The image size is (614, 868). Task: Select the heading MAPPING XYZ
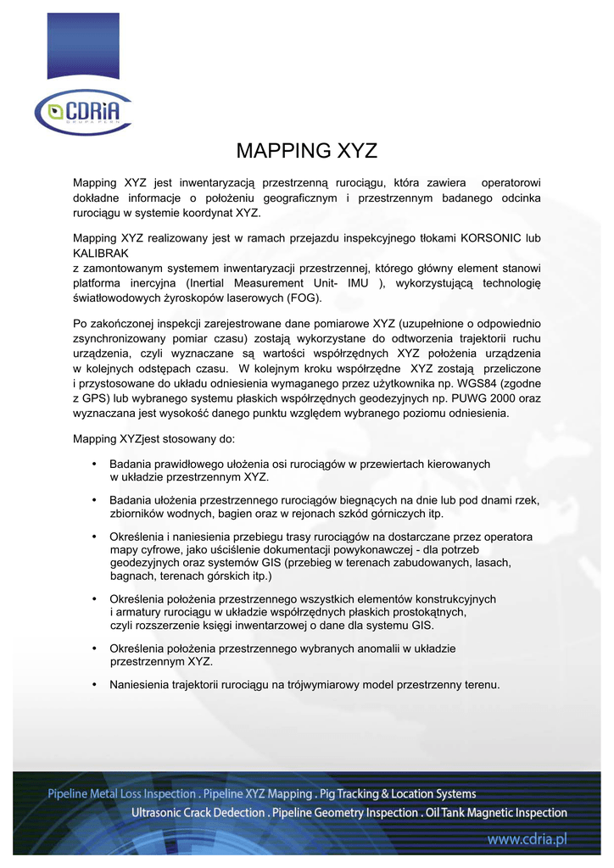[x=306, y=152]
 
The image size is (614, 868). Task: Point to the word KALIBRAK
[x=101, y=253]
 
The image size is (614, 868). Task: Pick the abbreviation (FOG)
[x=304, y=298]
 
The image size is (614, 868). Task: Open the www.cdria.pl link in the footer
[x=526, y=839]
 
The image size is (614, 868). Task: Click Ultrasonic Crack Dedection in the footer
[x=198, y=813]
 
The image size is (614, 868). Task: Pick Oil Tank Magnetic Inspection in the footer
[x=496, y=813]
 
